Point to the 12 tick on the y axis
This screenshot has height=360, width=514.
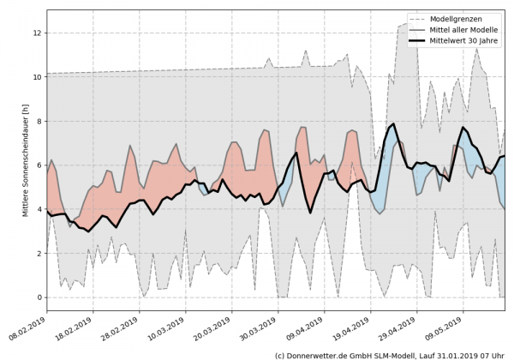[36, 33]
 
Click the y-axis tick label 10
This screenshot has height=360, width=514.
[36, 77]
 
